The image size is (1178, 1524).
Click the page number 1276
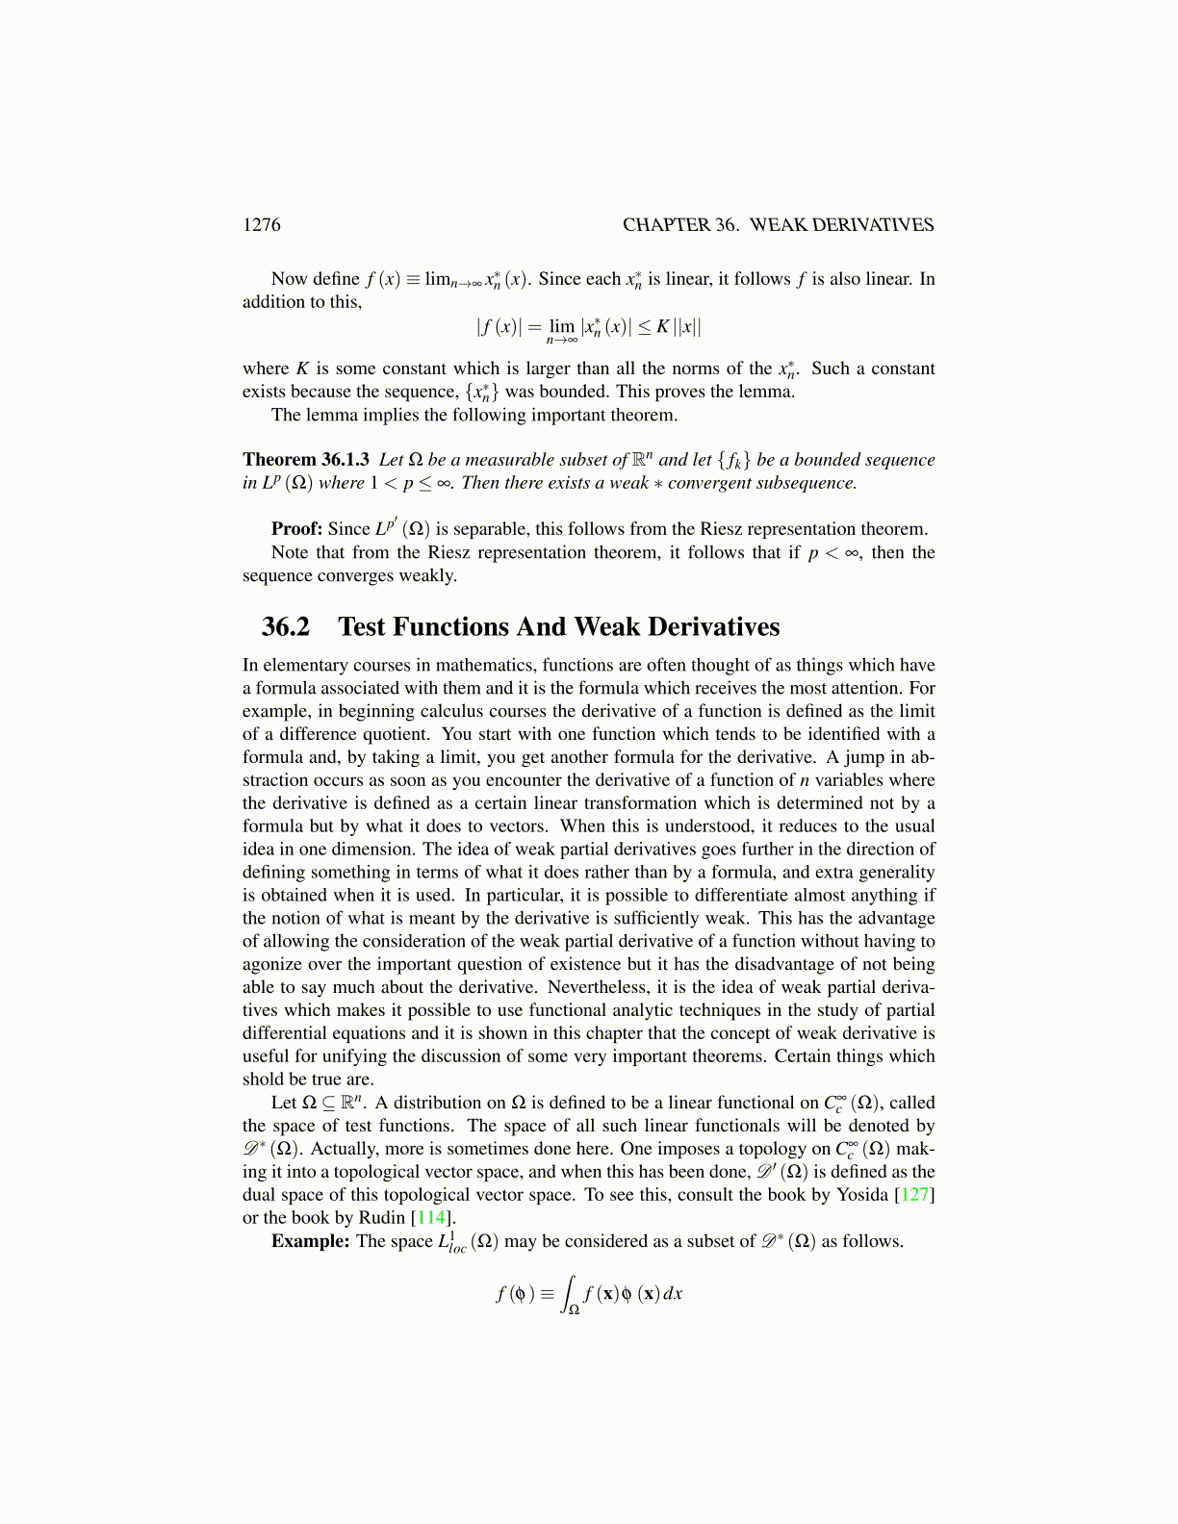coord(261,225)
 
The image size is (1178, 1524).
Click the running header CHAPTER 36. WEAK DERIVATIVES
coord(778,225)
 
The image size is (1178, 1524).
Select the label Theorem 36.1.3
coord(305,460)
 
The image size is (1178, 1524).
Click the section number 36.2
coord(286,627)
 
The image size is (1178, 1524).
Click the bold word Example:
coord(310,1241)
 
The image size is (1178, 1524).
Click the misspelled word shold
coord(265,1079)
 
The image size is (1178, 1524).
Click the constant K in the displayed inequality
coord(662,327)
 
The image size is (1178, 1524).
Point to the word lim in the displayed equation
coord(562,327)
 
